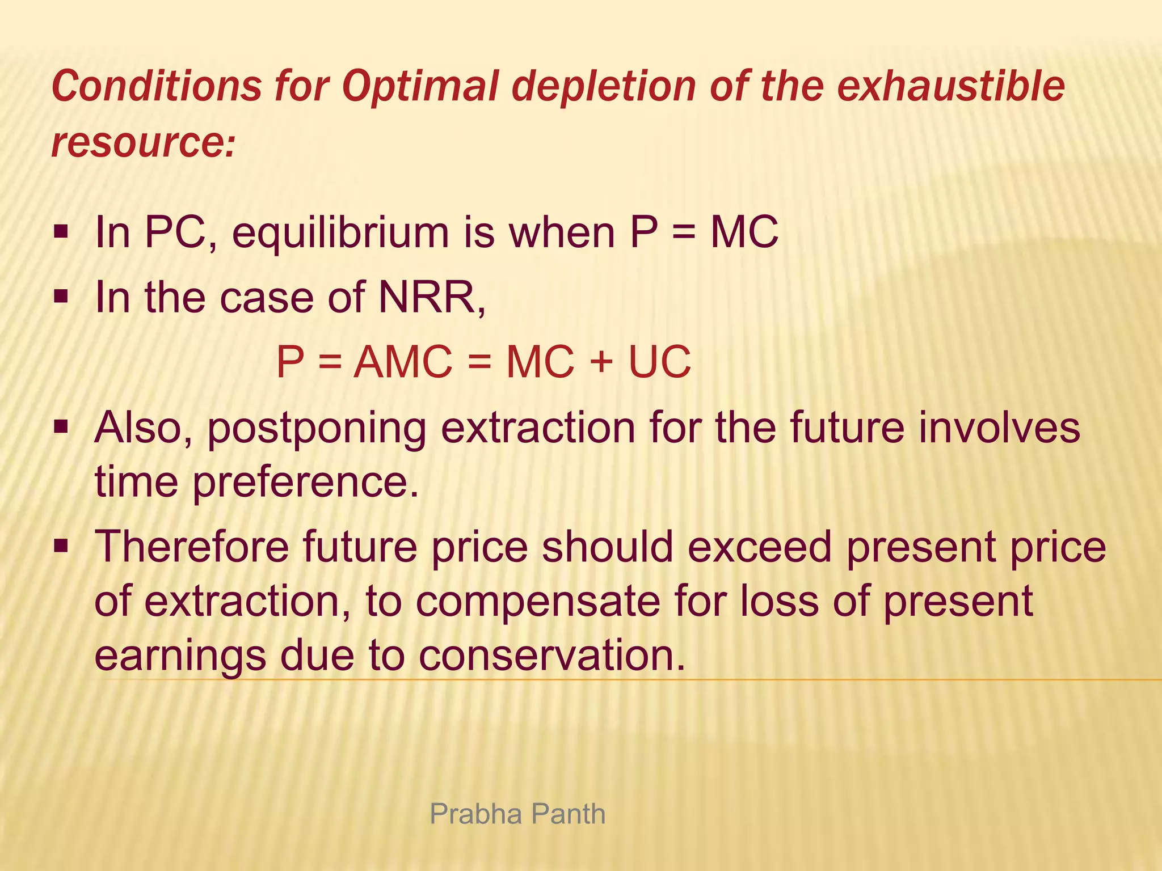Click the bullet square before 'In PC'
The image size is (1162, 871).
click(x=61, y=232)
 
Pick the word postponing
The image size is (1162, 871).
click(x=317, y=429)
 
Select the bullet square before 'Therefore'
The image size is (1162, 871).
click(x=61, y=547)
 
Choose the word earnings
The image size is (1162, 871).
click(x=179, y=657)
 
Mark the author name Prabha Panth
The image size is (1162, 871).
click(x=517, y=814)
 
